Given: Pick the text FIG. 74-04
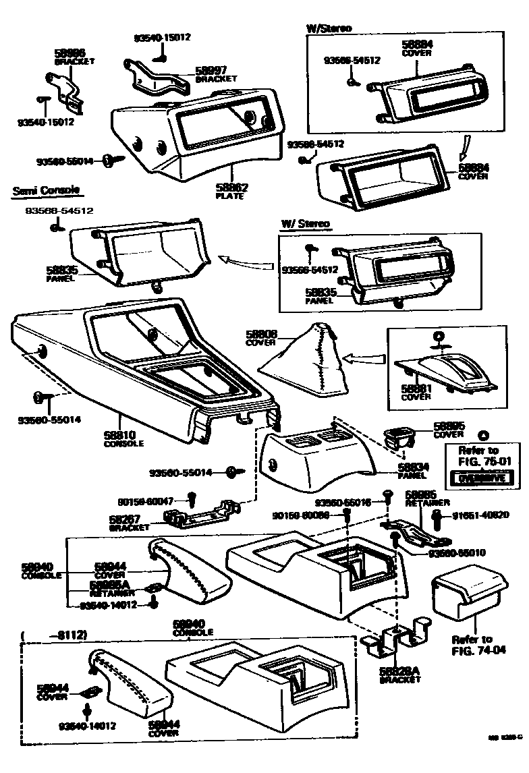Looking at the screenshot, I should coord(472,652).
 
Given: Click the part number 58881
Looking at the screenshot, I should coord(416,389).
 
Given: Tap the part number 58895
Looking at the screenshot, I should coord(448,426).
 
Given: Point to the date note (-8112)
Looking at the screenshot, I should coord(55,634).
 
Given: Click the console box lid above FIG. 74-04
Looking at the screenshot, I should coord(468,590).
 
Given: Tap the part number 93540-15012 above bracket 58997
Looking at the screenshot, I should coord(162,37).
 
